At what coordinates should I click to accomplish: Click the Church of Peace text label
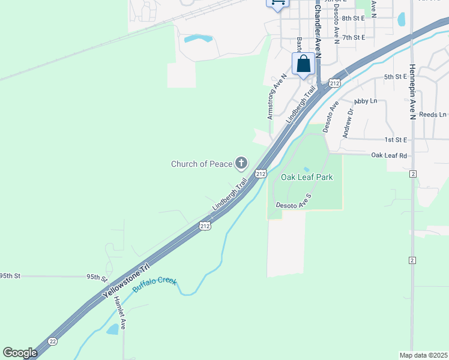click(x=201, y=164)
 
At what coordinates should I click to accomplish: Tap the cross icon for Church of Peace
click(x=241, y=163)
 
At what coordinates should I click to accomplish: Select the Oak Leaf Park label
click(x=307, y=177)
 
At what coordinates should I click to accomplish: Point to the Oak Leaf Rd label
click(x=389, y=155)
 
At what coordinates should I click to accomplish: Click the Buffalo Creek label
click(x=155, y=285)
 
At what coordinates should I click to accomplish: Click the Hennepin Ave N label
click(x=412, y=92)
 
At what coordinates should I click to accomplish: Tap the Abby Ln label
click(x=366, y=101)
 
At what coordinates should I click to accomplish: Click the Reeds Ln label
click(x=433, y=115)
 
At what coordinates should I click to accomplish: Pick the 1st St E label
click(x=396, y=140)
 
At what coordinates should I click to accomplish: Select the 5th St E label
click(x=396, y=77)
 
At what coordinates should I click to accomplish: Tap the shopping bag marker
click(x=304, y=64)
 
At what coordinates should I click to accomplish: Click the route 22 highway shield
click(x=53, y=341)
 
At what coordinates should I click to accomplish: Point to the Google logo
click(x=20, y=353)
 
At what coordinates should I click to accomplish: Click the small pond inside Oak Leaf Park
click(x=307, y=170)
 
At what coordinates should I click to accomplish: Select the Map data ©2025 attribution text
click(x=423, y=355)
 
